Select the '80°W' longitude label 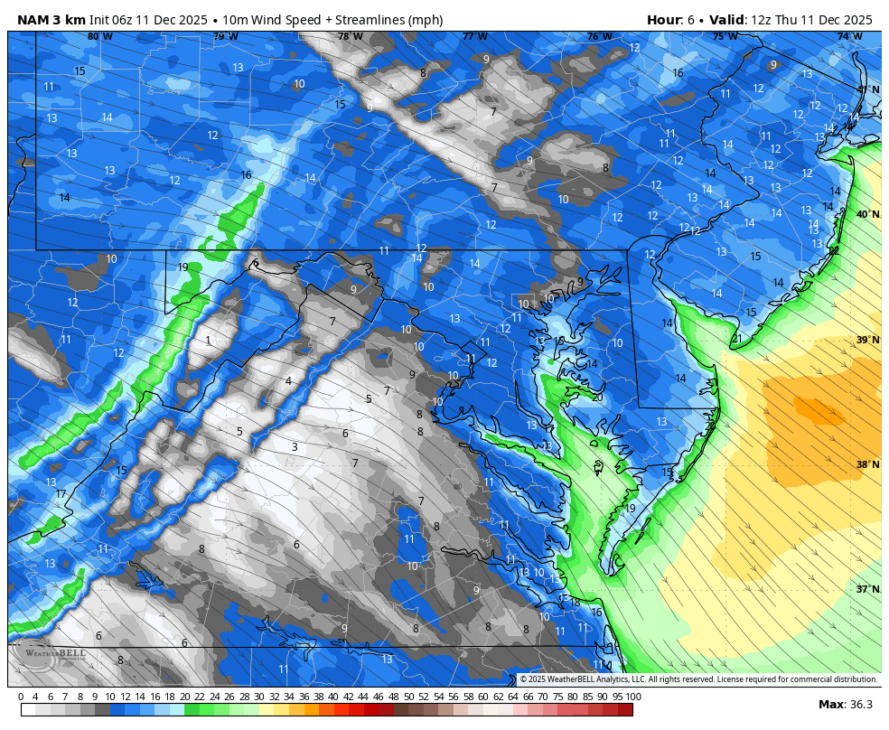(100, 37)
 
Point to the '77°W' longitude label (474, 37)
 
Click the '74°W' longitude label (849, 37)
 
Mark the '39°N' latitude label (868, 340)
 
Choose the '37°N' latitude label (868, 589)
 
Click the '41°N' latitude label (868, 89)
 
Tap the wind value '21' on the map (736, 339)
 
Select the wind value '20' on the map (596, 398)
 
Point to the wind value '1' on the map (208, 341)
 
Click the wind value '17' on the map (61, 494)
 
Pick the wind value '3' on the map (295, 447)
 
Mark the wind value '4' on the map (288, 381)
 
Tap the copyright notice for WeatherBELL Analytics (697, 679)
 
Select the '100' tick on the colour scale (633, 697)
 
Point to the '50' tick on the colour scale (408, 697)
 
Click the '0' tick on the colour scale (21, 697)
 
